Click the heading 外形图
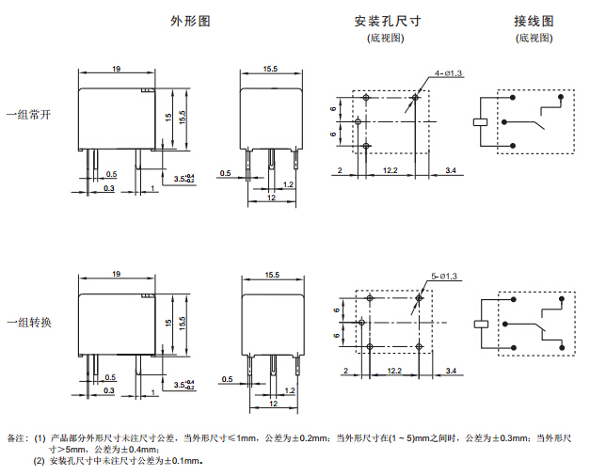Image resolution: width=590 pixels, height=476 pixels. pos(189,21)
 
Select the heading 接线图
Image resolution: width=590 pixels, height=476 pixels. pos(534,21)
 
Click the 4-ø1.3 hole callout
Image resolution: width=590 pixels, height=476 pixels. pos(448,73)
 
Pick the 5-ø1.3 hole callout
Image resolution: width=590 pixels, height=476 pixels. pos(444,276)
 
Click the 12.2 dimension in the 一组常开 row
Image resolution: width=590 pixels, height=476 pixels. pos(390,170)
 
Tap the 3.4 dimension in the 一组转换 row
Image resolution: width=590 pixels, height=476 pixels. pos(451,373)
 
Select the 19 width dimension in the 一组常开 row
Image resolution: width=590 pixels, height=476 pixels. pos(116,69)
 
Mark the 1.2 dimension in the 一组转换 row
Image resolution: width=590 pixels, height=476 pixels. pos(289,389)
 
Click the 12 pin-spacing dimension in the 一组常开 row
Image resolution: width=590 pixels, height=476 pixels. pos(270,198)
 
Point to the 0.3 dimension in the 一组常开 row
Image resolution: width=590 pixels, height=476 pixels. pos(109,188)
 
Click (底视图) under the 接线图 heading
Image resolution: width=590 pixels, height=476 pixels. pos(534,39)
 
